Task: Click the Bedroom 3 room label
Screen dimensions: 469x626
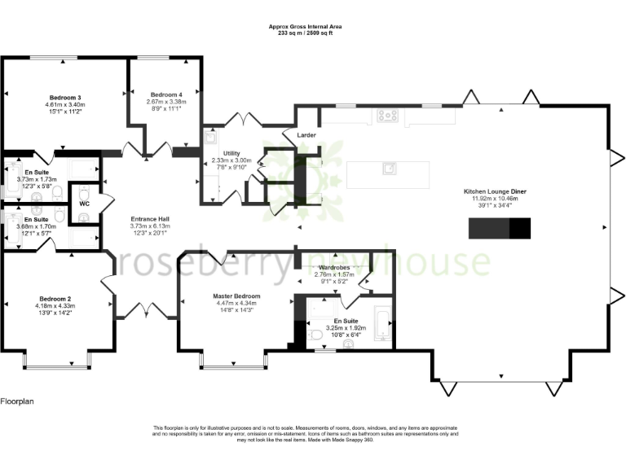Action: click(65, 98)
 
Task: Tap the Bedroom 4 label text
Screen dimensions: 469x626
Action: click(166, 94)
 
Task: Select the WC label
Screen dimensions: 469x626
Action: click(84, 204)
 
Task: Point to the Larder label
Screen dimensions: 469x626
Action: click(306, 135)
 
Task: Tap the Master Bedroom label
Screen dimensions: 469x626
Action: click(236, 296)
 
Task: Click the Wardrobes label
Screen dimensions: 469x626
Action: click(335, 267)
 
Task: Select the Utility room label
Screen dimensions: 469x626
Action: click(231, 153)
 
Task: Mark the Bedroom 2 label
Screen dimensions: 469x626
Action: click(54, 298)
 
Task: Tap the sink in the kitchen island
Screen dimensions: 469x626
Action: click(390, 169)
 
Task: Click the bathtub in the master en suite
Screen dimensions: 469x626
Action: click(381, 323)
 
